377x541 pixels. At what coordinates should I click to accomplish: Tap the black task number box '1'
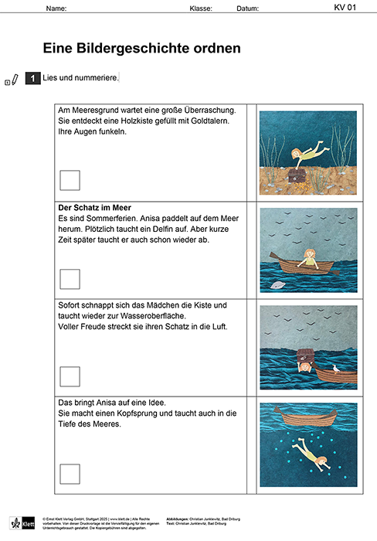(x=32, y=78)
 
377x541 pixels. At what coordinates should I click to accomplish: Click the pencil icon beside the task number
(x=15, y=79)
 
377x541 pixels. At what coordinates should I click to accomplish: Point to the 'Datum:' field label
(x=247, y=9)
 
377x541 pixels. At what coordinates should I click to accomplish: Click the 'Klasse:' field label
(x=201, y=9)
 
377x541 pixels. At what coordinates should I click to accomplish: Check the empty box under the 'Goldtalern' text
(x=70, y=180)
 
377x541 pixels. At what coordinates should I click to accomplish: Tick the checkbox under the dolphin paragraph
(x=70, y=278)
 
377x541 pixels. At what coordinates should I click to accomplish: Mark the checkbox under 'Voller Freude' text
(x=70, y=376)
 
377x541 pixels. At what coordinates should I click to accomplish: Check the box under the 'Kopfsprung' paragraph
(x=70, y=473)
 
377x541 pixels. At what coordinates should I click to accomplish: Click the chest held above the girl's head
(x=304, y=355)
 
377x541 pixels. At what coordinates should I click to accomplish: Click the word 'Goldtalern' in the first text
(x=216, y=121)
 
